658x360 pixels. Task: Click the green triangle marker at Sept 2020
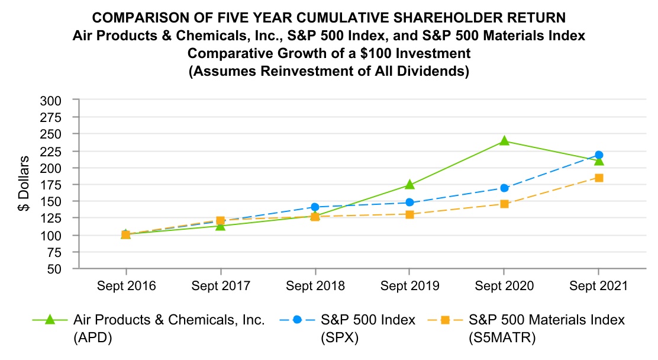click(504, 141)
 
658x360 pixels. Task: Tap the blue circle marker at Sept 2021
click(598, 155)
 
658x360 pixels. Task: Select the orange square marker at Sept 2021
click(598, 178)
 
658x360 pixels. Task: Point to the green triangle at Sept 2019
click(409, 185)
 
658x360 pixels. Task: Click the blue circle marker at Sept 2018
click(315, 207)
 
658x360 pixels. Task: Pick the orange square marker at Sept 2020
click(504, 204)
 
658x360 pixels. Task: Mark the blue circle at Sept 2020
click(504, 188)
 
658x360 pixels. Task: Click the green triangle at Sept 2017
click(220, 226)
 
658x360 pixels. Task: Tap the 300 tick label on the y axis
click(51, 101)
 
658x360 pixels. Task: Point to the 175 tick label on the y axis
click(51, 185)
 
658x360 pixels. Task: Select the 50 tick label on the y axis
click(54, 269)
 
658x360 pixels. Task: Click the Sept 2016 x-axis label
click(125, 286)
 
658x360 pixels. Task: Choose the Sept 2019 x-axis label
click(409, 286)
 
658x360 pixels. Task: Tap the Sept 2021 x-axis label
click(598, 286)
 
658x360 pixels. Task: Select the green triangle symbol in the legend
click(49, 320)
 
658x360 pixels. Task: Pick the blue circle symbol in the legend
click(297, 320)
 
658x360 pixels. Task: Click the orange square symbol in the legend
click(445, 320)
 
